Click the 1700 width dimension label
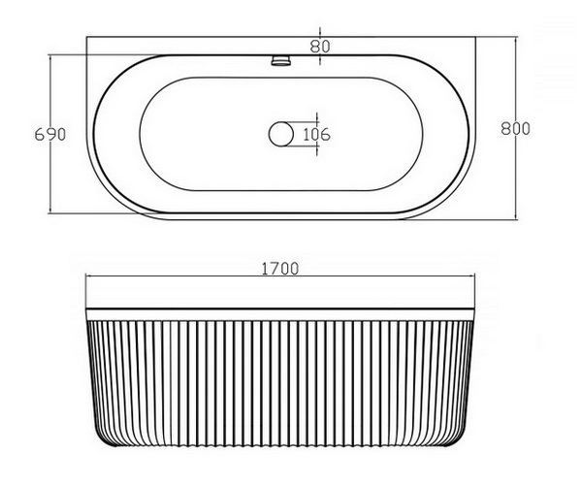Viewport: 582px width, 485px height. click(280, 269)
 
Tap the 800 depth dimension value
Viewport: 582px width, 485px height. click(516, 128)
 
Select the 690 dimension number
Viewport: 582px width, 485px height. click(50, 134)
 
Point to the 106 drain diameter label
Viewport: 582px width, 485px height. click(316, 134)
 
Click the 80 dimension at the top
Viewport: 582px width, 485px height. click(319, 47)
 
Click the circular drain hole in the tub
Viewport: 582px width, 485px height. click(281, 134)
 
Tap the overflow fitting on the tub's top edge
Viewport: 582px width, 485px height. click(281, 60)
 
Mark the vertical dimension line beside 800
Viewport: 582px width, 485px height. click(516, 128)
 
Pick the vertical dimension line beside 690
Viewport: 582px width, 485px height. click(50, 134)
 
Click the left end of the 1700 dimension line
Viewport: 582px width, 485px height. click(86, 276)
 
